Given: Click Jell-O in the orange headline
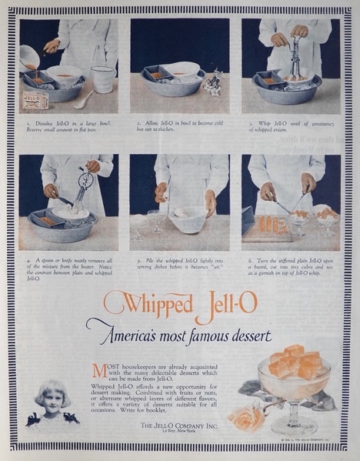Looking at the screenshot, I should point(228,303).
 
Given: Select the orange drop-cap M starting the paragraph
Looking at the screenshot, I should point(97,370).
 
